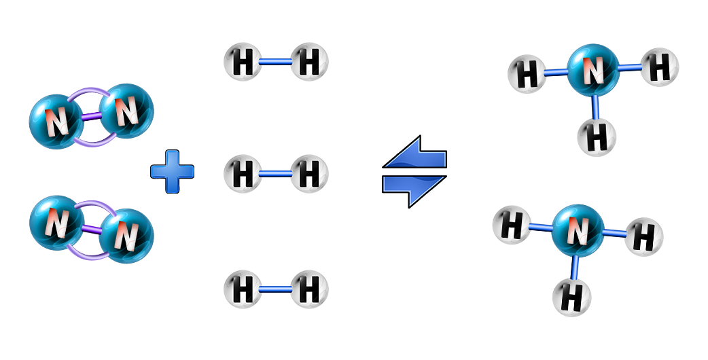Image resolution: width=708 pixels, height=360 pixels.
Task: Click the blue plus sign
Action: (172, 171)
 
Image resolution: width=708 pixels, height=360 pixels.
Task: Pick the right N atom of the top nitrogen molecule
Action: (127, 111)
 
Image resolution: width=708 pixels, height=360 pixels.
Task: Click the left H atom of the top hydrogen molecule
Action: (243, 62)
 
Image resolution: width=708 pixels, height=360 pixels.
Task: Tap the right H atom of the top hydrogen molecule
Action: (310, 62)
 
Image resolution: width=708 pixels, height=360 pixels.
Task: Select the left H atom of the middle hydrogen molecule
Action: (243, 174)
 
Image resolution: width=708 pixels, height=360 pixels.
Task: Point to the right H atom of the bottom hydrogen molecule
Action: (310, 289)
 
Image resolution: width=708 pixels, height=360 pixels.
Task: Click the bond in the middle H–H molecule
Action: (276, 174)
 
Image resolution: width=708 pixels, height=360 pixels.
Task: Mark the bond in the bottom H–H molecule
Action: (276, 289)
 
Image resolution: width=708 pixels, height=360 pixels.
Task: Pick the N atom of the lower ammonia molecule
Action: (577, 232)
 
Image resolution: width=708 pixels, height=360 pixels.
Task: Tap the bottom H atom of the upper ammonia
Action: (597, 137)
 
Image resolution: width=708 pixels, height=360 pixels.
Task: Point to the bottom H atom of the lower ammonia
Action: (571, 296)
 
